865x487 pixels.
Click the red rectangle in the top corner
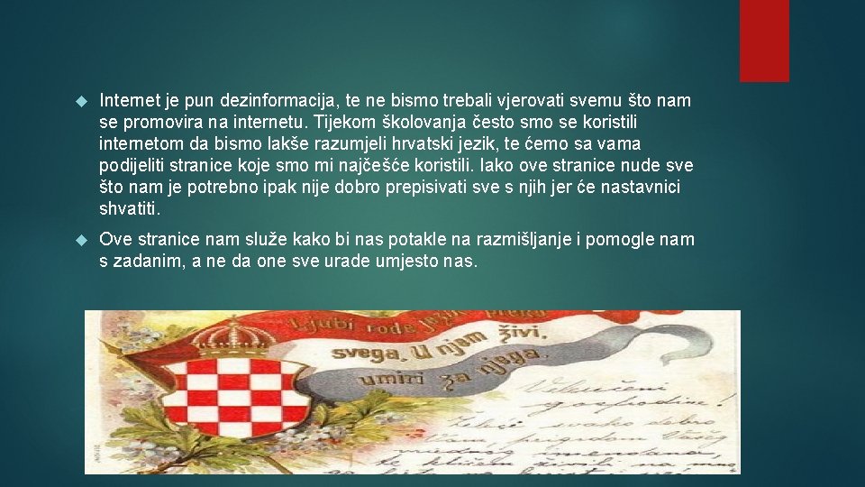tap(764, 41)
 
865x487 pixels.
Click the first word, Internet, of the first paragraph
tap(126, 100)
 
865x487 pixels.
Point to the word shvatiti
tap(131, 209)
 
